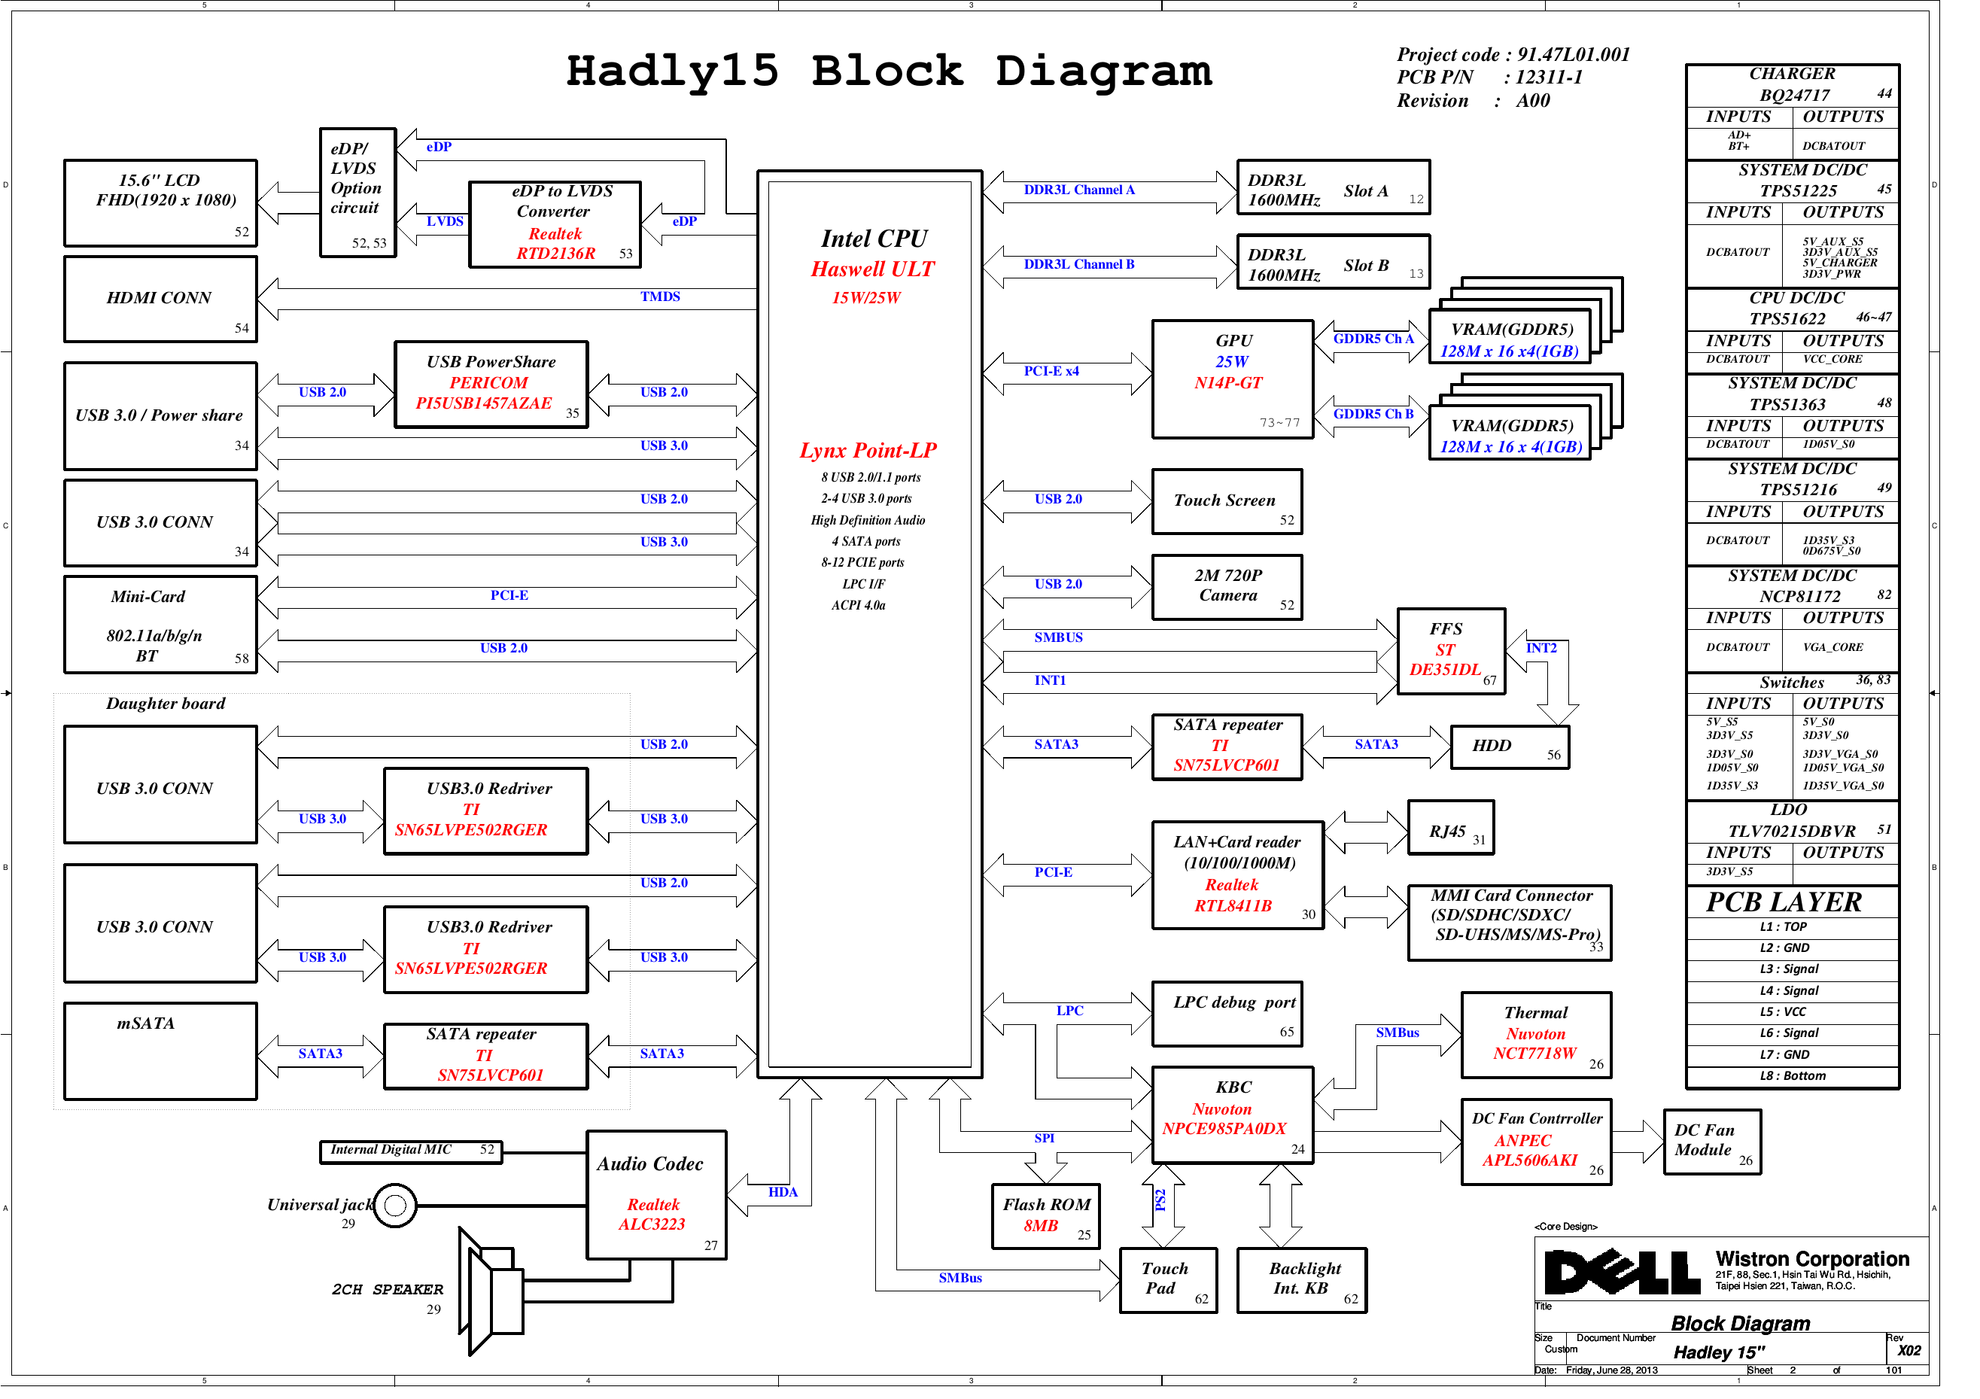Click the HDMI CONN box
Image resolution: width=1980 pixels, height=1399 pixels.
click(160, 300)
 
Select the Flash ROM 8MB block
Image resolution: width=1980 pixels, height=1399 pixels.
click(1046, 1217)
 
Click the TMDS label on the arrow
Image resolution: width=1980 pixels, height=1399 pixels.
click(660, 297)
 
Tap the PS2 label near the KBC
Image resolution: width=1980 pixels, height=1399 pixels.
click(1160, 1200)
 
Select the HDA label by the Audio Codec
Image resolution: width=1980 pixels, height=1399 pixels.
click(782, 1193)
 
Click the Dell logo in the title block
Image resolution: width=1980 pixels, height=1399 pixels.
click(1622, 1271)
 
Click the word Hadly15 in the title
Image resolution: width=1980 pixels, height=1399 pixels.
click(673, 71)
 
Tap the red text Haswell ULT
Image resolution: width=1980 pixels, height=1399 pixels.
click(872, 269)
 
